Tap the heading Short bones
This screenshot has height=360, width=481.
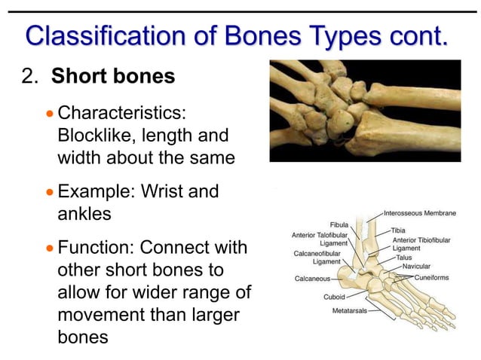pos(113,76)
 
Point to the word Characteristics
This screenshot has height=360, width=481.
pos(122,114)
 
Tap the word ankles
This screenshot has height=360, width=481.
pos(84,213)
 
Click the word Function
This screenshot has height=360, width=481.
pos(94,247)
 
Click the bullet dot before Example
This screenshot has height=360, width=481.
pos(50,192)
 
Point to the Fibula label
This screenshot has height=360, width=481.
pos(339,224)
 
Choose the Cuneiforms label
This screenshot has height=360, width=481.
pos(432,277)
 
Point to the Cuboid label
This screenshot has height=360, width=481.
pos(334,297)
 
